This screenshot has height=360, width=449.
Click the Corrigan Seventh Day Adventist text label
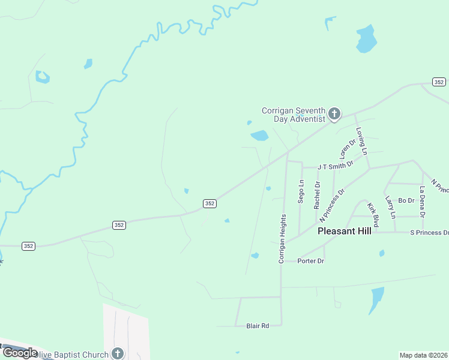(x=293, y=115)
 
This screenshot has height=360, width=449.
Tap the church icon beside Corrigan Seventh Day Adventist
(x=334, y=113)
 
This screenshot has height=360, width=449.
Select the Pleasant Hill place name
(x=344, y=230)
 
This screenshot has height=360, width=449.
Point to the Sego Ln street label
(x=301, y=191)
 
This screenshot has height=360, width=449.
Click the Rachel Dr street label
(x=317, y=195)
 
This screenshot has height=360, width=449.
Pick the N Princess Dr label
(x=333, y=206)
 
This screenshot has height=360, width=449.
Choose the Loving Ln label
(x=361, y=141)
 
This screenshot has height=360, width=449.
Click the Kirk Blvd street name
(x=373, y=215)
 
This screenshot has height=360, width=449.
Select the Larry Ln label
(x=391, y=207)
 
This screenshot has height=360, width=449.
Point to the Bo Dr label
(x=406, y=200)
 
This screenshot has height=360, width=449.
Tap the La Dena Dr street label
(x=423, y=202)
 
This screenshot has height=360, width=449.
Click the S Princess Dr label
(x=429, y=232)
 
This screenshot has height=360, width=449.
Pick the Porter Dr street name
(x=311, y=261)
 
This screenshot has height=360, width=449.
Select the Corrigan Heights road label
(x=280, y=240)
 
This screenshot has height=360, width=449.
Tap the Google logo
(x=19, y=353)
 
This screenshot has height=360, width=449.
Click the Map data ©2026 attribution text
(x=424, y=355)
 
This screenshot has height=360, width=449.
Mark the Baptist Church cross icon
(x=118, y=353)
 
